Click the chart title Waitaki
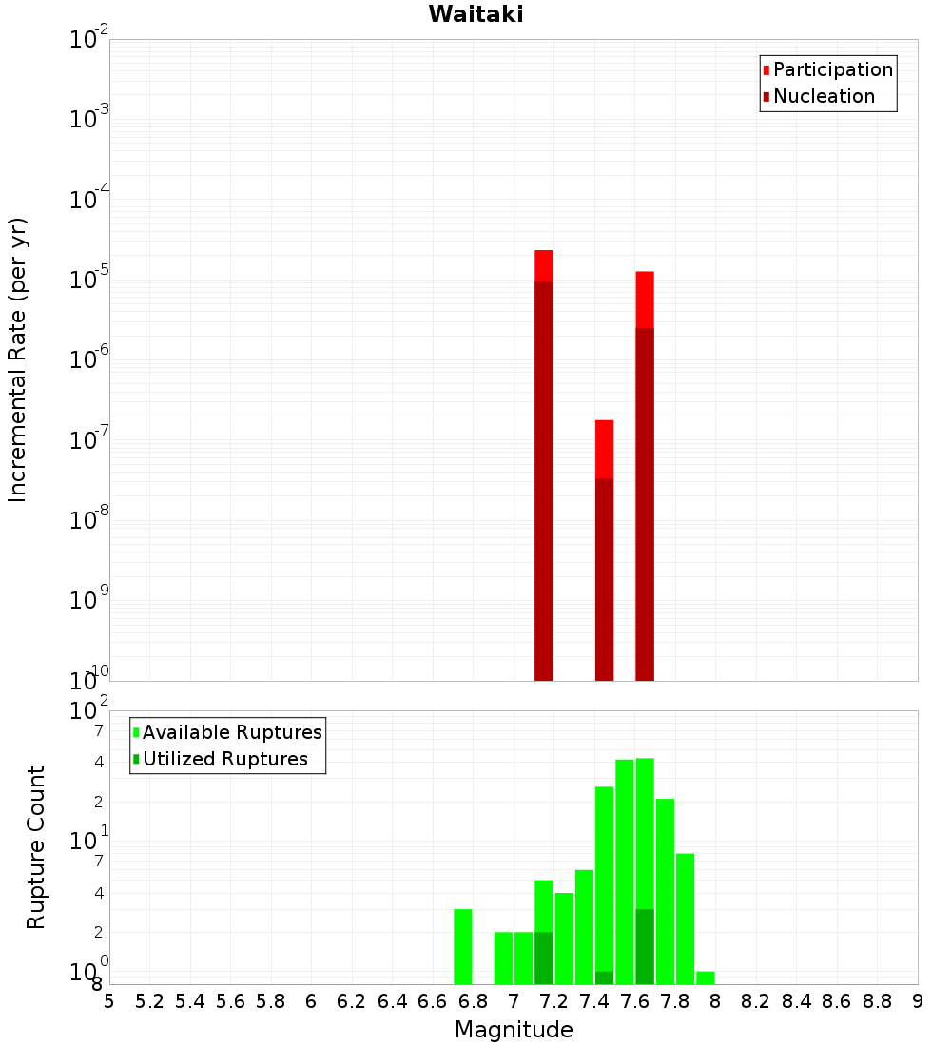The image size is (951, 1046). (x=475, y=14)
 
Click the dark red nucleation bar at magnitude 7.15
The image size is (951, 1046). (x=544, y=475)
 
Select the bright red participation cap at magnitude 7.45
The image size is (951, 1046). (x=604, y=449)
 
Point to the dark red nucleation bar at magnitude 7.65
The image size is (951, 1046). (x=645, y=504)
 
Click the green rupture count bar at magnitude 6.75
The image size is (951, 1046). (x=463, y=946)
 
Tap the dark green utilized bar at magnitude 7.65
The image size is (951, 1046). (x=645, y=946)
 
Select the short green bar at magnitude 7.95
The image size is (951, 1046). (x=705, y=978)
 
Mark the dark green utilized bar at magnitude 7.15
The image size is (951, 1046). (x=544, y=958)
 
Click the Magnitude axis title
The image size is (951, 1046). (x=514, y=1030)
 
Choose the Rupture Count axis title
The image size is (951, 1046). (x=36, y=846)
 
